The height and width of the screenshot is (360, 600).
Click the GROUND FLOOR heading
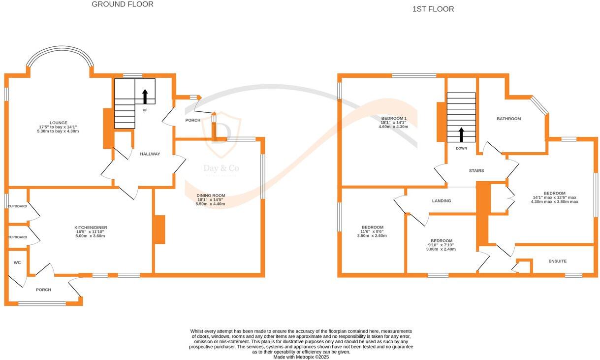click(123, 4)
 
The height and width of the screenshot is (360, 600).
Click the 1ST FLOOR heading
click(433, 9)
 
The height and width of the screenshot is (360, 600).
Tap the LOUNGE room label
click(58, 123)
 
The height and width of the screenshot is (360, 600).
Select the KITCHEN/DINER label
click(91, 228)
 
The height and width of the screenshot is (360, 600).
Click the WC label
click(17, 262)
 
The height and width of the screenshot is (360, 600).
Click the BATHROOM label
click(508, 119)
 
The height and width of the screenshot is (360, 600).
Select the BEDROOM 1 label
click(394, 118)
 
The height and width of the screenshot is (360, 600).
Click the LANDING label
click(442, 201)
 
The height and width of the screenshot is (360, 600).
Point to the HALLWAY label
click(150, 154)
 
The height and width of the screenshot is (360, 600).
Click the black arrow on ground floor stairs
click(145, 96)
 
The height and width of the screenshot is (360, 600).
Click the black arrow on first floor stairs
click(462, 134)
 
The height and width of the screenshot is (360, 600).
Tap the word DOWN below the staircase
click(461, 148)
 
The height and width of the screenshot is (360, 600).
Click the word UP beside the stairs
click(145, 110)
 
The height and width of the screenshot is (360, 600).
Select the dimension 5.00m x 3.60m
click(91, 236)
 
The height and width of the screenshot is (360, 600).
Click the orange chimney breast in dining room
click(159, 229)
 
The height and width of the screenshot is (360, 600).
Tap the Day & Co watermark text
click(221, 169)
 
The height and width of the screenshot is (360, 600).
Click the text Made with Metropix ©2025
click(301, 357)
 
